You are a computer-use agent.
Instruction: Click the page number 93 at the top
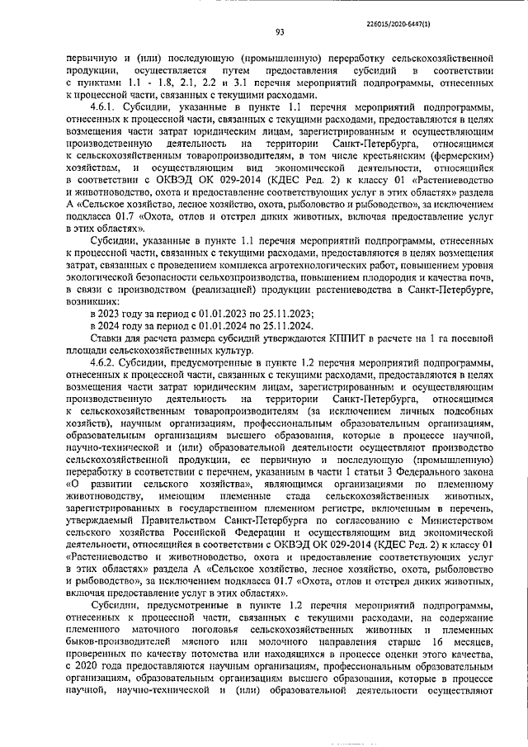tap(280, 33)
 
